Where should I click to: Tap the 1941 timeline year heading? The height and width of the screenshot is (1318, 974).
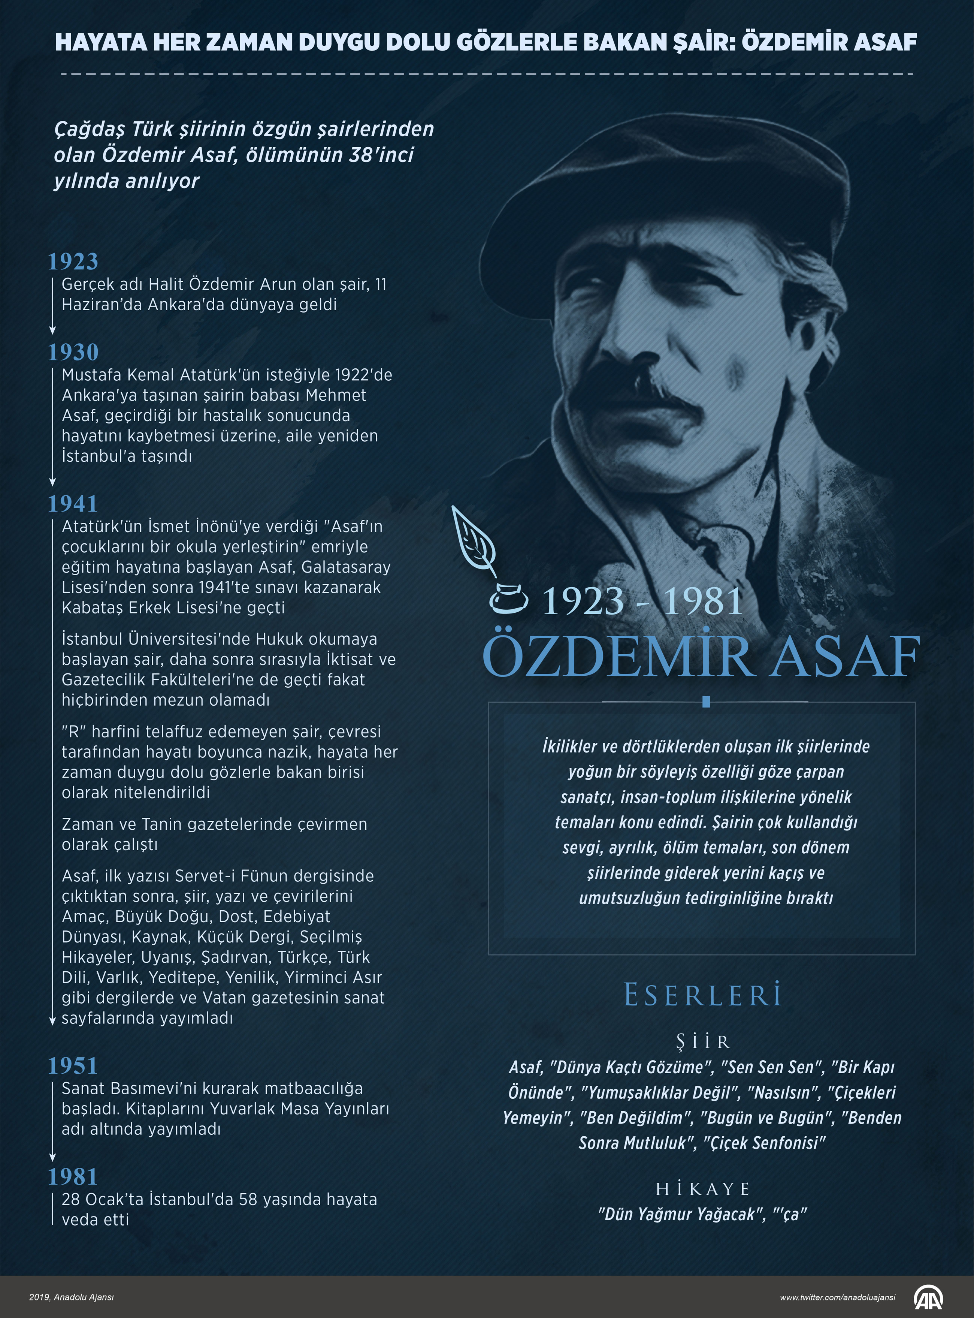pos(73,504)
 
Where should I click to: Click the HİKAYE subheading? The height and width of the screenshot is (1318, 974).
pos(703,1189)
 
